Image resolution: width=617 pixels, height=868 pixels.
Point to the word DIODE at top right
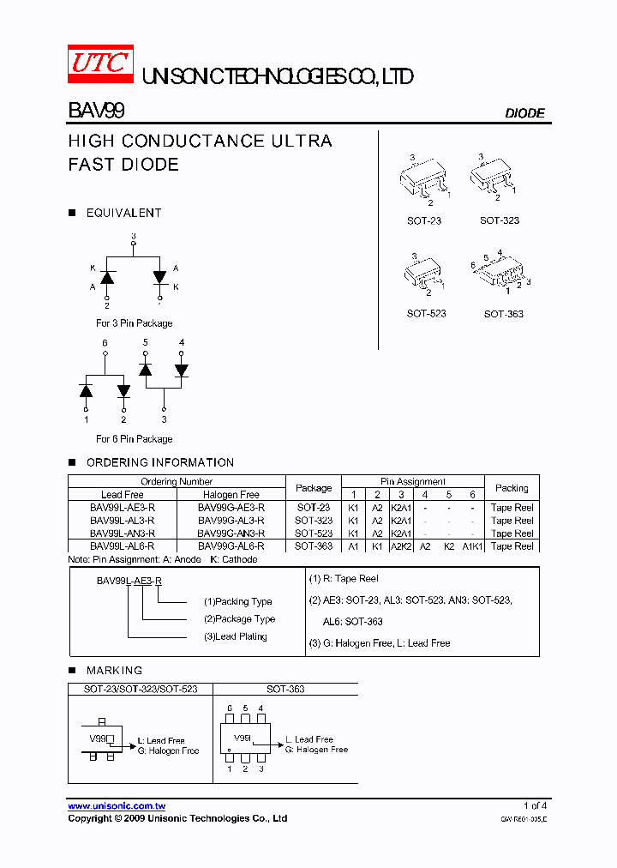524,113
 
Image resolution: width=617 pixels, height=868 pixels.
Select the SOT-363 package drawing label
503,314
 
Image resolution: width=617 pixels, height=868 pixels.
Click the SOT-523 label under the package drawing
426,314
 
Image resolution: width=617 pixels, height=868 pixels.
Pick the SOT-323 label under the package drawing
499,220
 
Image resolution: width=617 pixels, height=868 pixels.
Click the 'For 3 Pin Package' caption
134,323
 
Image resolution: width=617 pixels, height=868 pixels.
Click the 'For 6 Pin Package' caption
134,439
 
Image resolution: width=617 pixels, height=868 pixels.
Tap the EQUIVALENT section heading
123,213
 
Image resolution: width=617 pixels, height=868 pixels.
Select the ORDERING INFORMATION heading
159,462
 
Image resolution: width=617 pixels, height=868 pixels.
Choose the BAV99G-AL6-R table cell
231,546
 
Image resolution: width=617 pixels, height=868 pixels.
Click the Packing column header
512,488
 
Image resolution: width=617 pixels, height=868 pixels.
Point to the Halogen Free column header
231,495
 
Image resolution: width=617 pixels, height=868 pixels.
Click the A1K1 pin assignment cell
472,546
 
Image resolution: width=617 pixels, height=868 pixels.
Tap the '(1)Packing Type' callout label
237,601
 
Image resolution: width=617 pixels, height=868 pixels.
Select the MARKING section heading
114,670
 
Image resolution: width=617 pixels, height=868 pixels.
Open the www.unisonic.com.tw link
117,806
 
